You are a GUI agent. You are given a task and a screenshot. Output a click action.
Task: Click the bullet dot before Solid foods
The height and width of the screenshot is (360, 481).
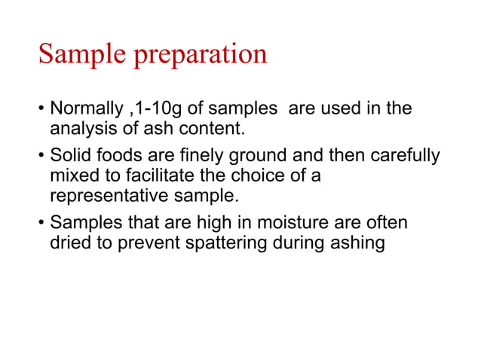pos(41,157)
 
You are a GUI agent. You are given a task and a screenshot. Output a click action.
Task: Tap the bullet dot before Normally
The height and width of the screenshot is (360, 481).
pos(41,109)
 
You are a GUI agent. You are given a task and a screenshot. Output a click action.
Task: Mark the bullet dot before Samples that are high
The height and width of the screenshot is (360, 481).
pos(41,224)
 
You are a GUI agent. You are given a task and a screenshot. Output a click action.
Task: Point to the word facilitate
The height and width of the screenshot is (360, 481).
pos(172,176)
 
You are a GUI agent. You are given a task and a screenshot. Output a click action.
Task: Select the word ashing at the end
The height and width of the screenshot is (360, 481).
pos(360,244)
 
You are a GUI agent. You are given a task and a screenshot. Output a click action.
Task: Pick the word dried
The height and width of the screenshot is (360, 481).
pos(70,244)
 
